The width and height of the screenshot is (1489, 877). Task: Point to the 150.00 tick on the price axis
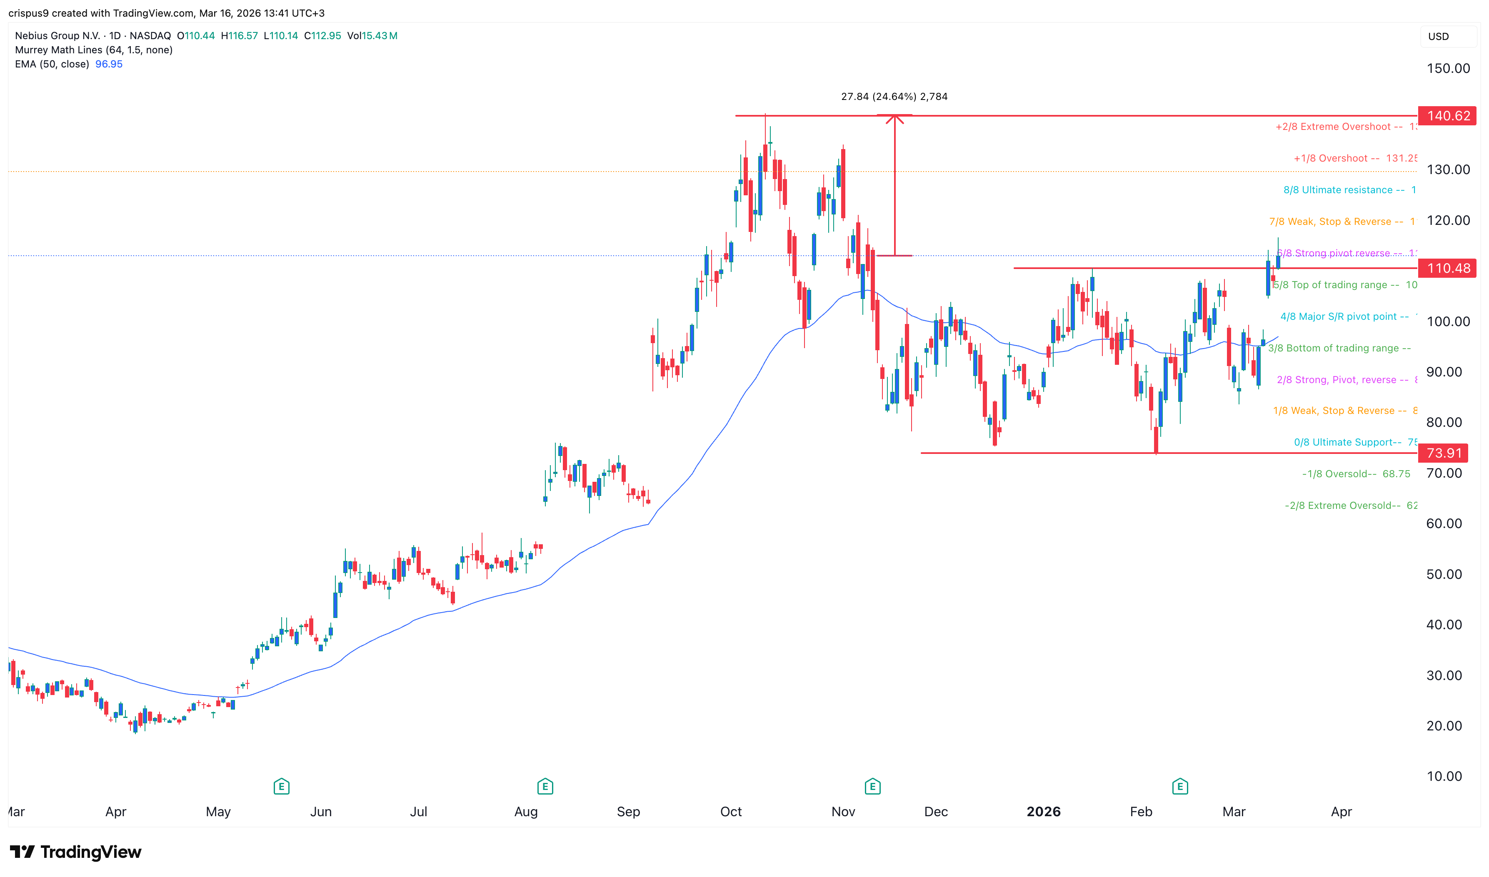[1448, 69]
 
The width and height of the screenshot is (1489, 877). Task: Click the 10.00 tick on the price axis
[1444, 777]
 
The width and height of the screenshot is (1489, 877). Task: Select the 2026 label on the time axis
[1043, 812]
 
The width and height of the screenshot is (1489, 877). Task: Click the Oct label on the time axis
[731, 812]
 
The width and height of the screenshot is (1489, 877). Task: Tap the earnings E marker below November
[872, 787]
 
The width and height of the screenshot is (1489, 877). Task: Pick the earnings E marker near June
[281, 787]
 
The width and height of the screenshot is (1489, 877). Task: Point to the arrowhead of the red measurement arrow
[894, 119]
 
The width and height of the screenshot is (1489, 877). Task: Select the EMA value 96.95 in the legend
[109, 64]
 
